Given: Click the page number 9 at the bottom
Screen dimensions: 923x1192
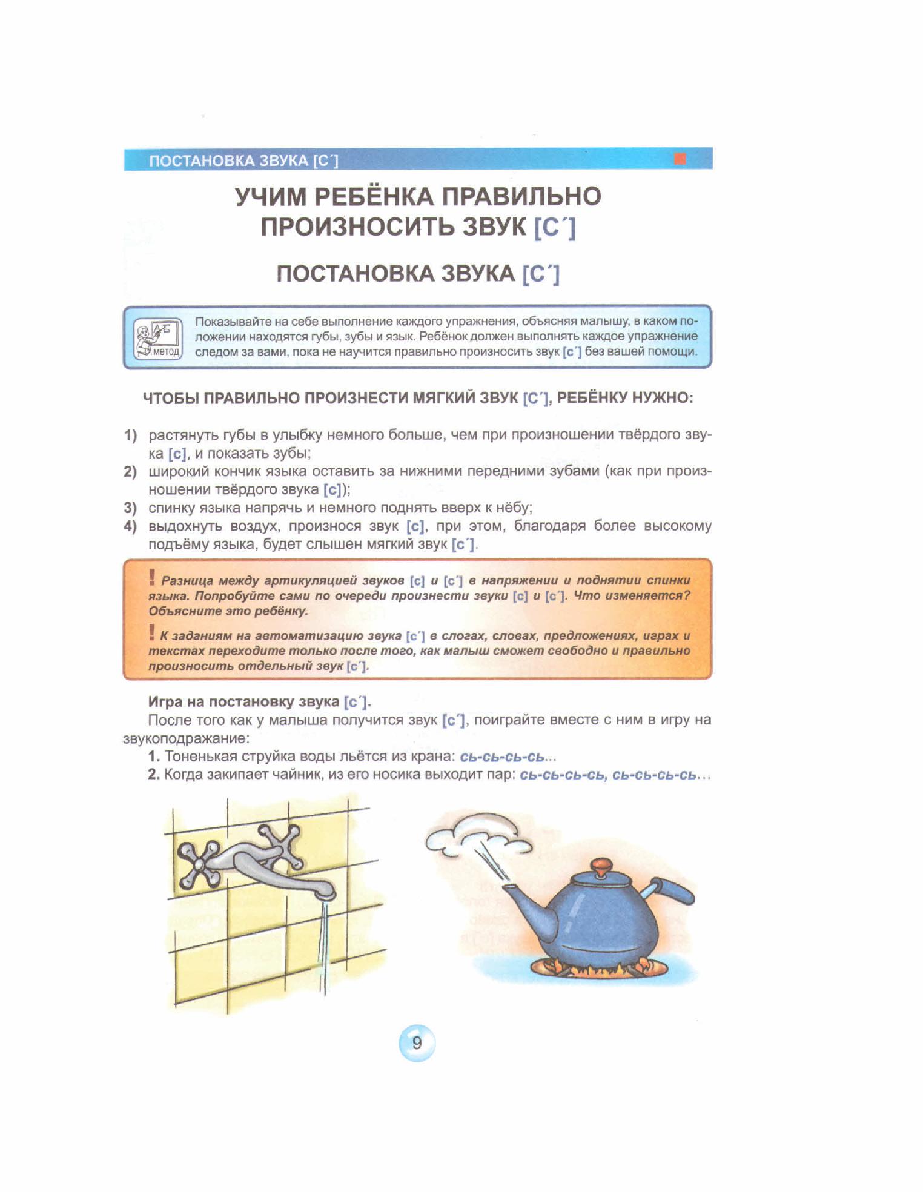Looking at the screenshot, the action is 417,1043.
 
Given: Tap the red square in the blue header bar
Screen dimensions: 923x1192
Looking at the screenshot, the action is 680,159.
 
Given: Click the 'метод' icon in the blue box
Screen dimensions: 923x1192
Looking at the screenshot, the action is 158,339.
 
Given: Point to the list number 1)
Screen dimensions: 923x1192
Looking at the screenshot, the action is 130,435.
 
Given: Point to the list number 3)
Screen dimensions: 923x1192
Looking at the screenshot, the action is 130,508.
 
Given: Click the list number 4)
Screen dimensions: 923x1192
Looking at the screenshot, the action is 130,526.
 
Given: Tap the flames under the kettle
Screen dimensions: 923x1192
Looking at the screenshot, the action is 600,967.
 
